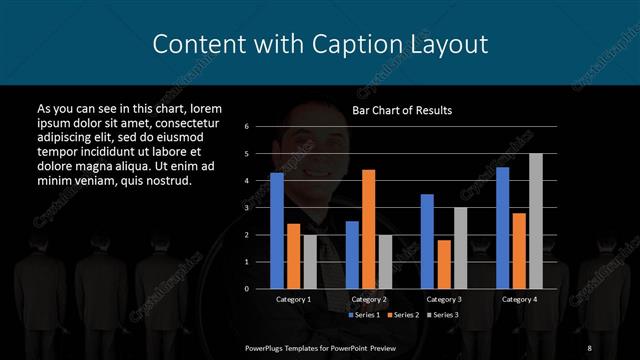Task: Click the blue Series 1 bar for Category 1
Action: tap(277, 230)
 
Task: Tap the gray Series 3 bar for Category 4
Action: tap(536, 220)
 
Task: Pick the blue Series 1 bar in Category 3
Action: tap(427, 241)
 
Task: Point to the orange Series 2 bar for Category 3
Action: tap(443, 264)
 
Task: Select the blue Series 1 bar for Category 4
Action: tap(502, 227)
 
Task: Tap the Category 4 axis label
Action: tap(518, 299)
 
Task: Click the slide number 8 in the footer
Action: tap(590, 347)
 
